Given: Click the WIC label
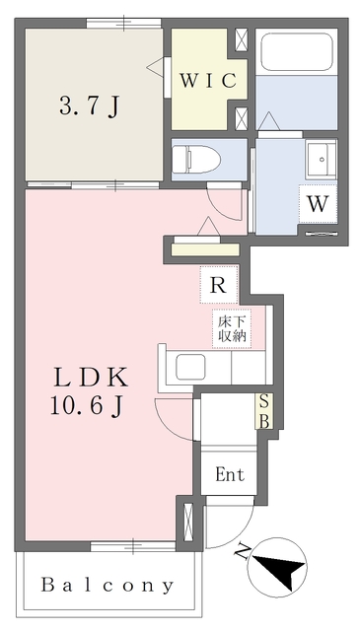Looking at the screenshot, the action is click(207, 81).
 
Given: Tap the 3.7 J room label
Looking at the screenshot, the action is click(90, 106).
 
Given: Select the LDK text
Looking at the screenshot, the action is click(91, 379).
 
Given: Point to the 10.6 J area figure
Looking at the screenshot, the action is click(87, 407).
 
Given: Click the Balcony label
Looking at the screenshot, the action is click(108, 586).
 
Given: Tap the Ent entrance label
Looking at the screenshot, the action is click(230, 474).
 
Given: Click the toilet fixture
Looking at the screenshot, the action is click(196, 159).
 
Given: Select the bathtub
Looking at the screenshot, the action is click(297, 51).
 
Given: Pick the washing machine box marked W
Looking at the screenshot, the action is click(318, 204).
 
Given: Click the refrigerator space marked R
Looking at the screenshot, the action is click(219, 285).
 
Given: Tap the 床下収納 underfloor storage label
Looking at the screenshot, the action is click(232, 328).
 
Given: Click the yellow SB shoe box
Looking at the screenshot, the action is click(264, 411).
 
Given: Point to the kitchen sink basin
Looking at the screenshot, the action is click(190, 367).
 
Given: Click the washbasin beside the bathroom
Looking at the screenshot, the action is click(321, 159).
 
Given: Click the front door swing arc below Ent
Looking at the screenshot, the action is click(238, 531).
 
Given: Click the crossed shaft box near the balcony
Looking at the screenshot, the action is click(188, 522).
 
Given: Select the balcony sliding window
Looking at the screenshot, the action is click(132, 546).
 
